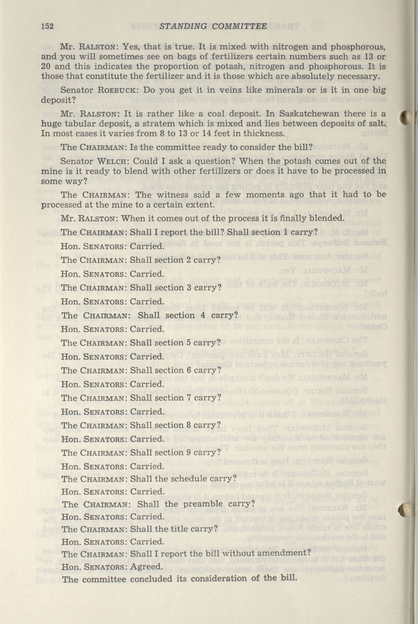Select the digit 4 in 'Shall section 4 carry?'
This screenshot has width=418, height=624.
click(x=203, y=315)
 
